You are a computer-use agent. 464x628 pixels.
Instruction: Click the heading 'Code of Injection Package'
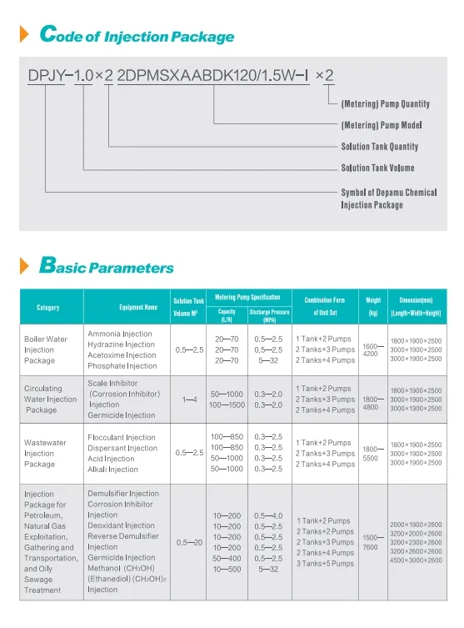tap(137, 36)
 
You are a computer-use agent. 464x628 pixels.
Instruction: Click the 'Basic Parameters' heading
tap(107, 268)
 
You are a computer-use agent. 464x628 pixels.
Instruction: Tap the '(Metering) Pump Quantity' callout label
tap(385, 104)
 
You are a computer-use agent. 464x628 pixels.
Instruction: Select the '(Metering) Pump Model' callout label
tap(382, 125)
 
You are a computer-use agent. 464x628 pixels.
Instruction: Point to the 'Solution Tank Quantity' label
tap(379, 147)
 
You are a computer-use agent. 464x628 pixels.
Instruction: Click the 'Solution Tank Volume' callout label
tap(377, 168)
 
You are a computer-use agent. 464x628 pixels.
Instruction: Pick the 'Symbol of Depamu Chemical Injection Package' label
tap(388, 198)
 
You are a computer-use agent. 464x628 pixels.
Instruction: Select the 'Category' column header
tap(48, 308)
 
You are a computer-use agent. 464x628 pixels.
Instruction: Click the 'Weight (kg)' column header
tap(372, 308)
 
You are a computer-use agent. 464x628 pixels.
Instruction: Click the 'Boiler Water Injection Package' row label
tap(47, 350)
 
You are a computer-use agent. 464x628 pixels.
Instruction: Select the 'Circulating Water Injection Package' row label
tap(50, 399)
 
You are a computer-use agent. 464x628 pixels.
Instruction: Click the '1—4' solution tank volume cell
tap(189, 399)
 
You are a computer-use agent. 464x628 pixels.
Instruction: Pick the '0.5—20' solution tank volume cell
tap(189, 542)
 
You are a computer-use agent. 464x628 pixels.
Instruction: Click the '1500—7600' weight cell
tap(372, 543)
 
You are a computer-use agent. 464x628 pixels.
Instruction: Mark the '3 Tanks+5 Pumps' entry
tap(325, 564)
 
